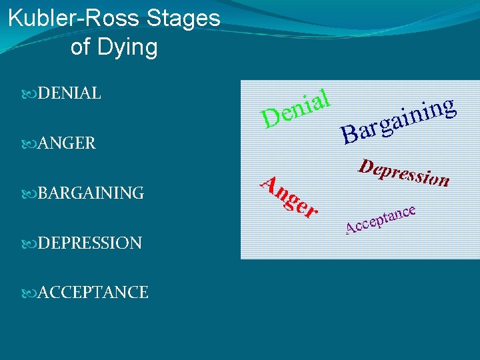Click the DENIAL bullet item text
[x=69, y=94]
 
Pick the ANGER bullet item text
[x=66, y=143]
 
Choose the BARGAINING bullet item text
[x=91, y=193]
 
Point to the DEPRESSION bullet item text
[x=89, y=243]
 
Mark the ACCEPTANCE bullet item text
[x=93, y=292]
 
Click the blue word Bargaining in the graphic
[x=399, y=120]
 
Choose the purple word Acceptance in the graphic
[x=381, y=221]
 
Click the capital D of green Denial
[x=271, y=119]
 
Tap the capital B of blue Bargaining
[x=349, y=135]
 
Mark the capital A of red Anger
[x=268, y=182]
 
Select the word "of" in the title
[x=81, y=47]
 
